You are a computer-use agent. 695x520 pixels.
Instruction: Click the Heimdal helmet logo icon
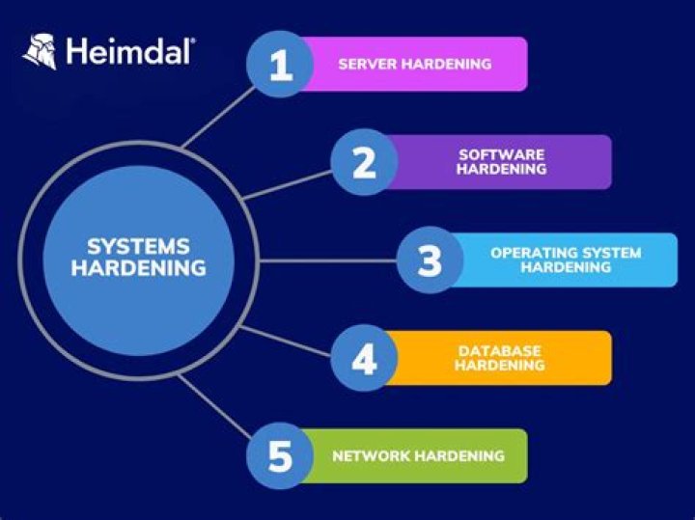(39, 52)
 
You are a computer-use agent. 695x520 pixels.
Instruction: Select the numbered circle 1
(279, 65)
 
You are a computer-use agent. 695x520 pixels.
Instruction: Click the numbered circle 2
(364, 162)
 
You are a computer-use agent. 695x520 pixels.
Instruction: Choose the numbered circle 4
(364, 358)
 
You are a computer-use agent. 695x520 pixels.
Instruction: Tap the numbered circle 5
(279, 455)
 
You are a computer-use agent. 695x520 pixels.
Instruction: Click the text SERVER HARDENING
(414, 65)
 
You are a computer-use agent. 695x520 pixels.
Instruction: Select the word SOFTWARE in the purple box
(501, 154)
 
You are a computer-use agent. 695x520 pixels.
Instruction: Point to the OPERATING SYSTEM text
(566, 253)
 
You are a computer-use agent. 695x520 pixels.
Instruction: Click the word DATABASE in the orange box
(499, 350)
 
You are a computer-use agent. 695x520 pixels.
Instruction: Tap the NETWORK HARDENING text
(418, 455)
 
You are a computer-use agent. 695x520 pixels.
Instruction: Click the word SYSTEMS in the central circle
(138, 246)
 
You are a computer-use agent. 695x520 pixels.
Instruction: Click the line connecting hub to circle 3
(328, 260)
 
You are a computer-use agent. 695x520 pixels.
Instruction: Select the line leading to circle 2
(290, 183)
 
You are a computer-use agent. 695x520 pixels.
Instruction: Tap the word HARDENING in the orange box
(500, 366)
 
